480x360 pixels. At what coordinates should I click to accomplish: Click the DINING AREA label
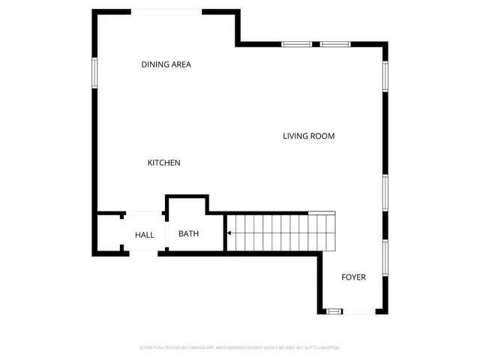click(166, 64)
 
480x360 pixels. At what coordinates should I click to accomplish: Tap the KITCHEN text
click(163, 163)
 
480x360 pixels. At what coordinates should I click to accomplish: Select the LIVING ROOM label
click(308, 136)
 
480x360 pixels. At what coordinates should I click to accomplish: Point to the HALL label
click(145, 235)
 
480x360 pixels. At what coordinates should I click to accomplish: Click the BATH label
click(188, 234)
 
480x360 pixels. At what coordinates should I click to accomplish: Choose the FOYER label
click(353, 277)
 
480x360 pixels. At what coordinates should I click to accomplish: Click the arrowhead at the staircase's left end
click(229, 233)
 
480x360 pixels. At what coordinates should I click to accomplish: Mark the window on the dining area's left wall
click(94, 73)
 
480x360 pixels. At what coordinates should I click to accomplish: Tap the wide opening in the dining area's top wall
click(166, 11)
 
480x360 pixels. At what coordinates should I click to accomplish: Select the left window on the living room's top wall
click(297, 44)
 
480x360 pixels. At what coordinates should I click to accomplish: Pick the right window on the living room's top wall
click(336, 44)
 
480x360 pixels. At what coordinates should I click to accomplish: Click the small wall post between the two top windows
click(316, 44)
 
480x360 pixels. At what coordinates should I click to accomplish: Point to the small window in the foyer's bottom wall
click(334, 311)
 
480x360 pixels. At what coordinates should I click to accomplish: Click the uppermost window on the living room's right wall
click(385, 76)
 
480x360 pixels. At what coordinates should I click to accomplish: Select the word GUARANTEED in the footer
click(326, 348)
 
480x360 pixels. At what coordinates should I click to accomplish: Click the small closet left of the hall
click(108, 235)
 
